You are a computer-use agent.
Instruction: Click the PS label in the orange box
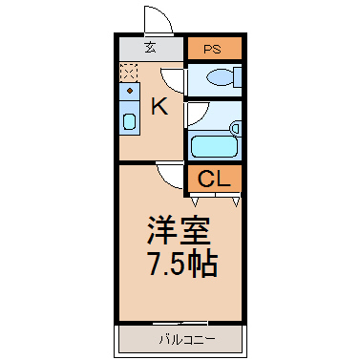212,50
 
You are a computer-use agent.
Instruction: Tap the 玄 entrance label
150,48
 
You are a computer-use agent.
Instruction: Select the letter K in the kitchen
159,107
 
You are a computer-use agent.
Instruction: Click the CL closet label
214,179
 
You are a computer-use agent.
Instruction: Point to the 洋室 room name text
179,230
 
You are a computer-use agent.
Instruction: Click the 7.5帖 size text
183,265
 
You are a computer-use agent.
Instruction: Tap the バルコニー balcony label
187,340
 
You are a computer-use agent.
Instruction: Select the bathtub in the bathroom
214,146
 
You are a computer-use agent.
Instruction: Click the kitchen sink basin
130,121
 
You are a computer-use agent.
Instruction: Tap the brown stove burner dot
130,91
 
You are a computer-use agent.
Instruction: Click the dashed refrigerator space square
129,73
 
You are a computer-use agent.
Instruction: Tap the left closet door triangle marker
195,201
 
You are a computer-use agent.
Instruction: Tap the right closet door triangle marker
236,201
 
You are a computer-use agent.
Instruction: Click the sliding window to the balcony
180,323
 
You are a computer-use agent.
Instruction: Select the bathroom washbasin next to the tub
236,129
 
